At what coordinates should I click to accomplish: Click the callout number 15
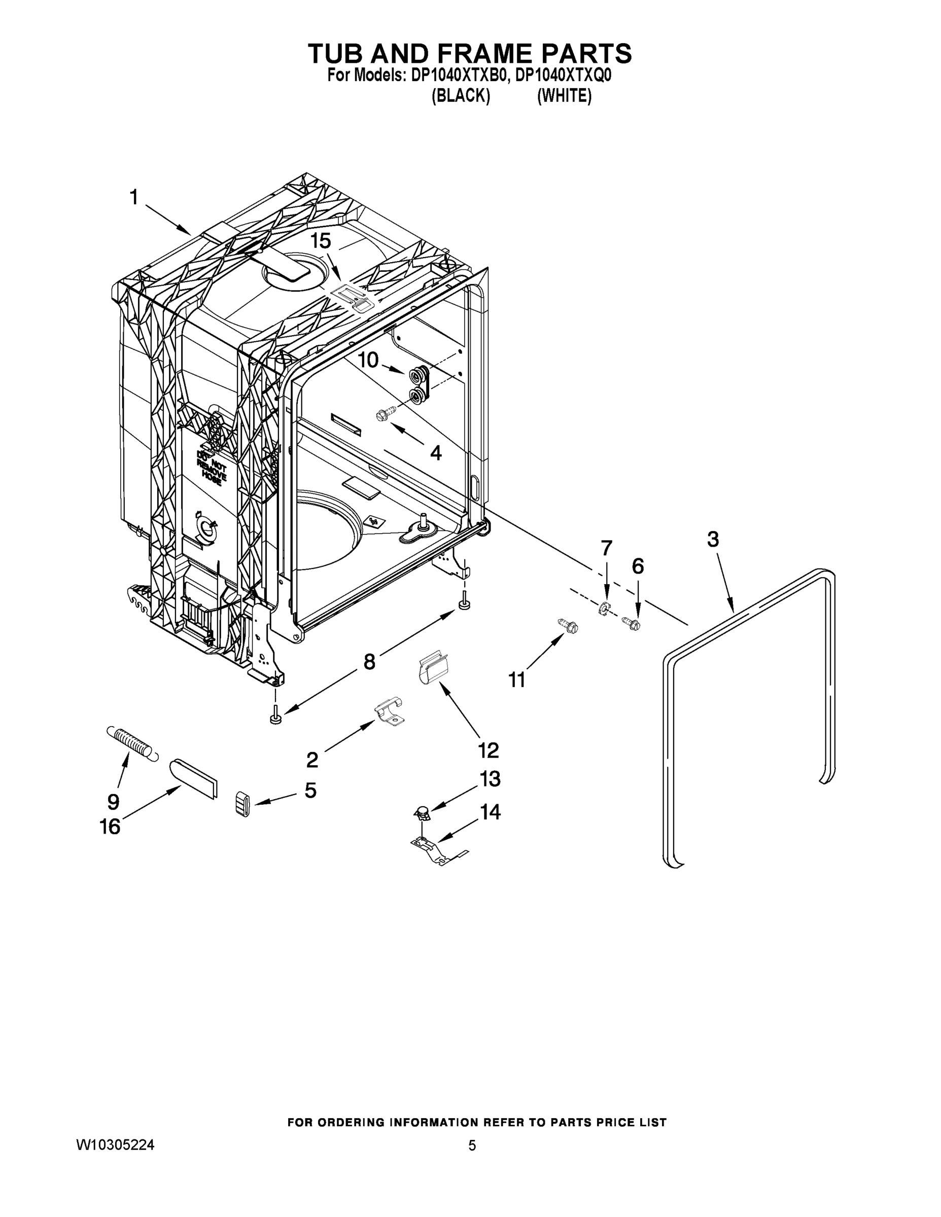[x=321, y=241]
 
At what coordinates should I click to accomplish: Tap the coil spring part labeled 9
[x=131, y=743]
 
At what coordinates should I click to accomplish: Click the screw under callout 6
[x=632, y=622]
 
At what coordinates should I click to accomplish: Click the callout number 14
[x=491, y=812]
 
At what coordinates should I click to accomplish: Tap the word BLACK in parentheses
[x=461, y=96]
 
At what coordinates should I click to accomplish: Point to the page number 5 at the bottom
[x=472, y=1146]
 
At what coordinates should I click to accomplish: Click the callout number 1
[x=134, y=197]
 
